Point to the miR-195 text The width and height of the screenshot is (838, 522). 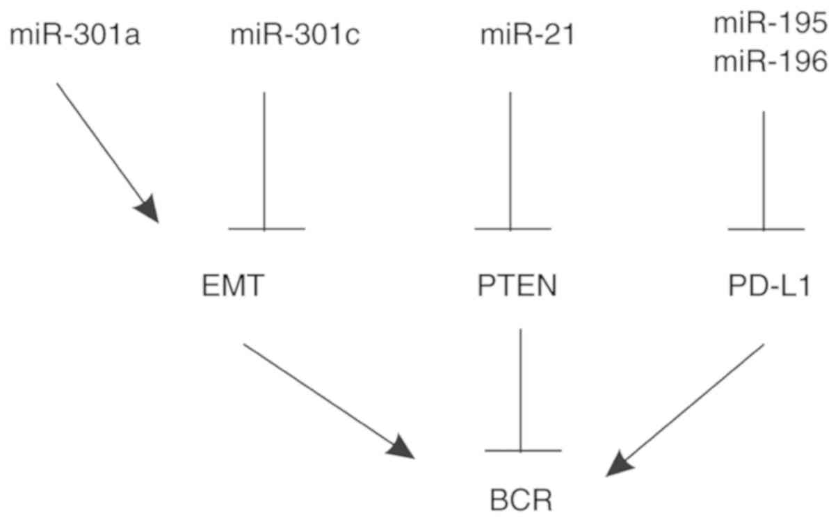point(771,24)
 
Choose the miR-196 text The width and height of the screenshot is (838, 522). point(771,63)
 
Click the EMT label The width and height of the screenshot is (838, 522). point(233,286)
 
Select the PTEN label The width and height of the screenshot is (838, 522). point(517,286)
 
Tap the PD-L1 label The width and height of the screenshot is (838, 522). point(766,286)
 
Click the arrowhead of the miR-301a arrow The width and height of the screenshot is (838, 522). point(150,209)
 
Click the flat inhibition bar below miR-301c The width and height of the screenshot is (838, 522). point(266,228)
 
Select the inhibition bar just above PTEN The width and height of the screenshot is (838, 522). point(512,228)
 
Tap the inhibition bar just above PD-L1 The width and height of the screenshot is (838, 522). point(766,229)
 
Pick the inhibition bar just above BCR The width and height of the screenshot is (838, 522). point(522,451)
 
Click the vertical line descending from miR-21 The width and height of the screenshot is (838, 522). point(511,160)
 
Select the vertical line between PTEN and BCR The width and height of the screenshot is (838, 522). point(521,389)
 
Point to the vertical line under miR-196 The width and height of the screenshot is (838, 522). point(764,170)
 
